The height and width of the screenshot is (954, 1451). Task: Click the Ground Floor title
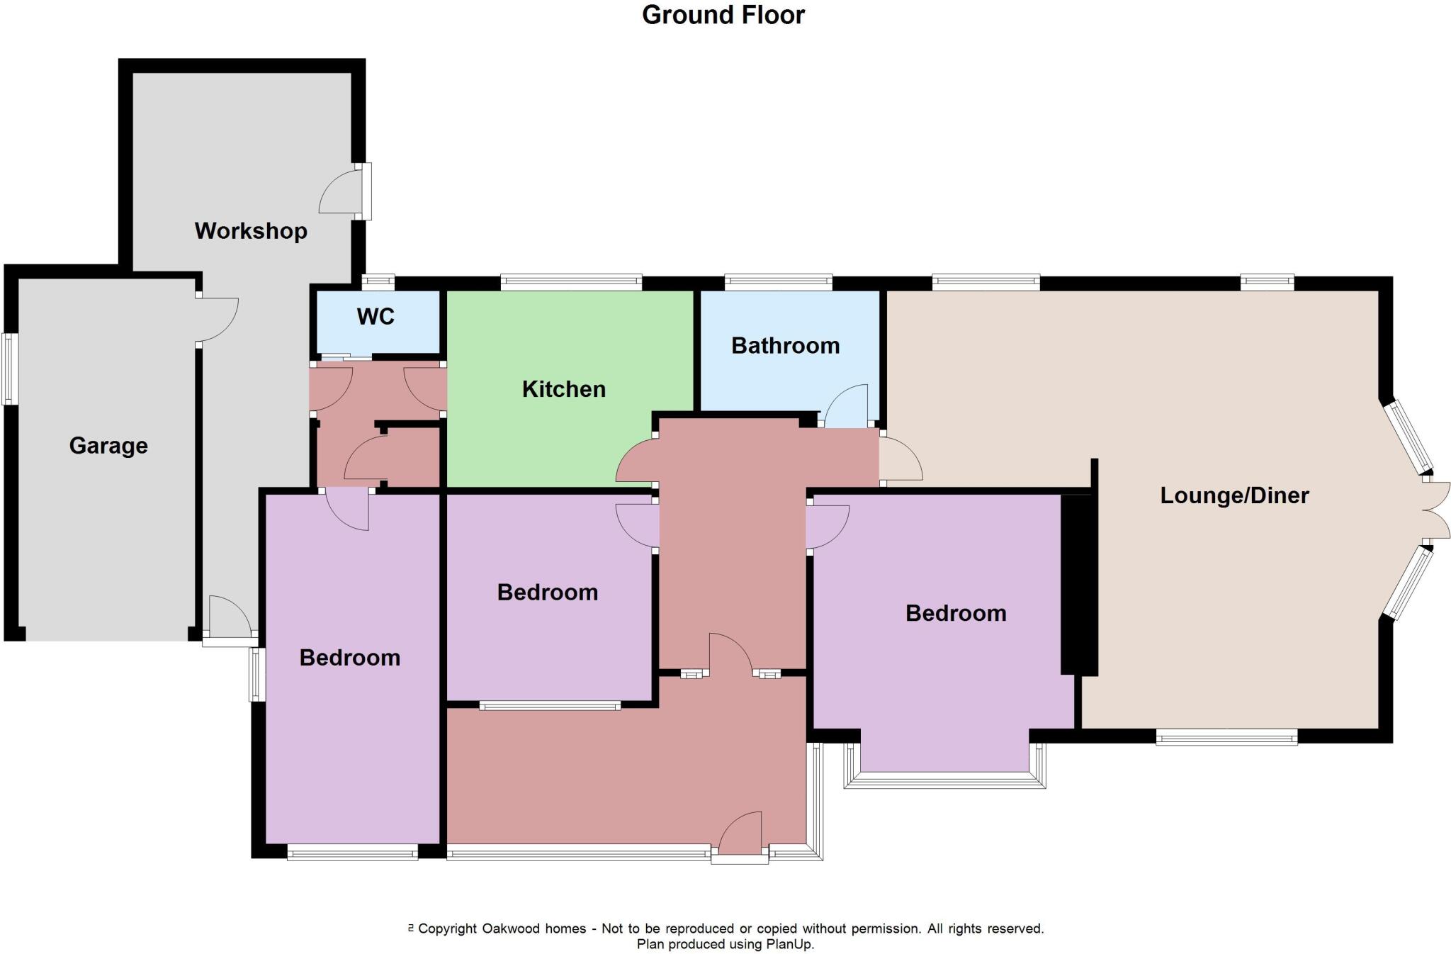coord(723,15)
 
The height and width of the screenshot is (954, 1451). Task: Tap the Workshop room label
coord(251,230)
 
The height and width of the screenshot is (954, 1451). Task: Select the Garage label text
coord(108,445)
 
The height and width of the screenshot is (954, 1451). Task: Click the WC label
coord(376,316)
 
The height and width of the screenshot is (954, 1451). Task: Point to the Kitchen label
coord(563,388)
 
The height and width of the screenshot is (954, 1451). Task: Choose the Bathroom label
coord(785,345)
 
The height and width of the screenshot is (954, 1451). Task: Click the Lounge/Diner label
coord(1233,495)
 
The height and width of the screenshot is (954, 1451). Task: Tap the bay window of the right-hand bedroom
coord(944,779)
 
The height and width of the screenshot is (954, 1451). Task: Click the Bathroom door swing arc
coord(847,406)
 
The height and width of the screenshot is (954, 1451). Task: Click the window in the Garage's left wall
coord(9,369)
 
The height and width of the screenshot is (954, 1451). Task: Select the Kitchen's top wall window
coord(571,282)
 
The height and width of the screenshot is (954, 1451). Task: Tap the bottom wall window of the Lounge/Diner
coord(1226,738)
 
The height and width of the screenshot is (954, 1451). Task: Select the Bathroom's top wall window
coord(778,282)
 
